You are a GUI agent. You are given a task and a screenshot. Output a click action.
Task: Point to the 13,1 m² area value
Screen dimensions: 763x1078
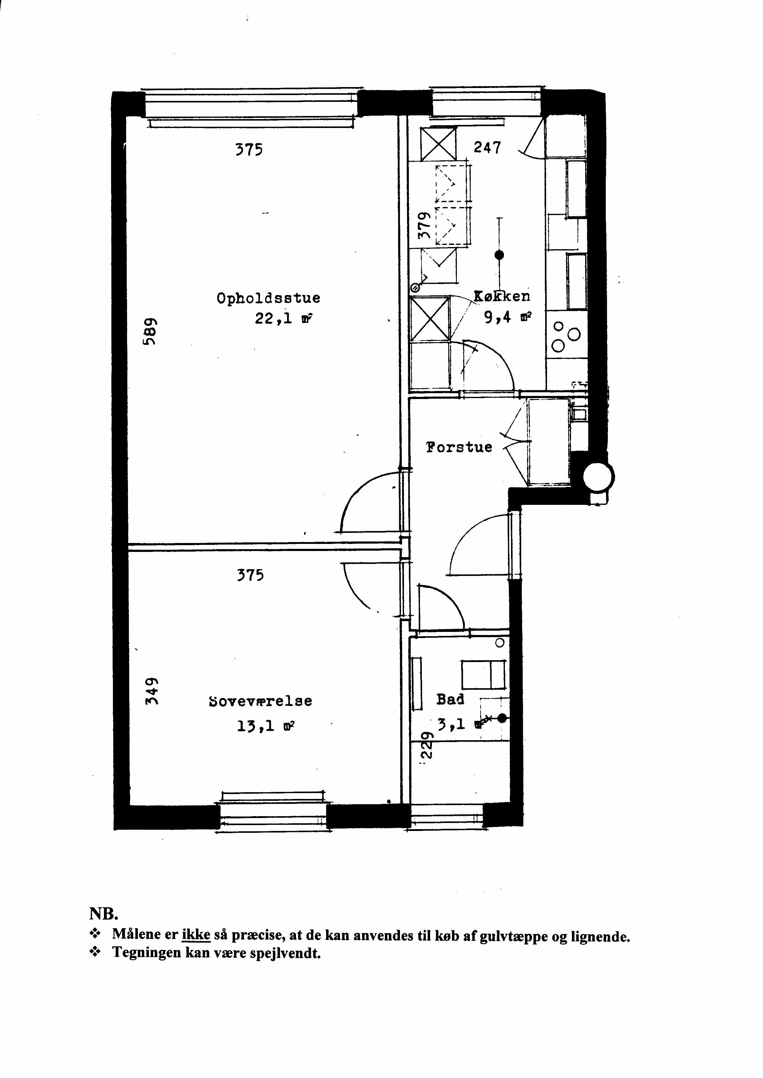pos(266,727)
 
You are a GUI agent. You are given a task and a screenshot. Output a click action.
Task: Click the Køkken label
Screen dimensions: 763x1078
pos(502,296)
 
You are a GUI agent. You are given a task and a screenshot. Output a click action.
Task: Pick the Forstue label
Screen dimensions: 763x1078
pos(459,447)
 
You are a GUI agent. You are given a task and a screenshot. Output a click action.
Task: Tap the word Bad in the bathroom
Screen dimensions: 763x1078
pos(450,699)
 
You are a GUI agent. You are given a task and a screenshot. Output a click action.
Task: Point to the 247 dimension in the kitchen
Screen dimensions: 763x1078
pos(487,148)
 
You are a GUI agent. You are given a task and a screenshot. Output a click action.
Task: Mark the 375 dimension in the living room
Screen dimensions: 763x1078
pos(249,150)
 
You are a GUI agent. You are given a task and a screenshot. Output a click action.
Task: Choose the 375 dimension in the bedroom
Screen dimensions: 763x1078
pos(250,575)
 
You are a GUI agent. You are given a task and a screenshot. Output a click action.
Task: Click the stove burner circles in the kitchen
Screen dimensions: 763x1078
pos(566,337)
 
